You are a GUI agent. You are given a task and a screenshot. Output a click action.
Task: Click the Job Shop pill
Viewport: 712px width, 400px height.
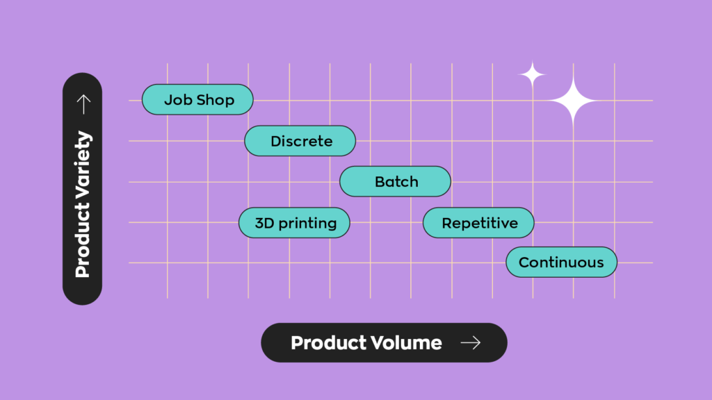[x=197, y=100]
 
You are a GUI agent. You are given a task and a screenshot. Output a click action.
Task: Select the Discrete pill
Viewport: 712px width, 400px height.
[x=300, y=141]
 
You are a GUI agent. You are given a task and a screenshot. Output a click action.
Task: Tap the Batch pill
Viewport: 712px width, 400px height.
[x=395, y=182]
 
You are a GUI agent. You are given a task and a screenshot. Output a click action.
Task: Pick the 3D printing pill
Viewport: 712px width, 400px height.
[x=294, y=223]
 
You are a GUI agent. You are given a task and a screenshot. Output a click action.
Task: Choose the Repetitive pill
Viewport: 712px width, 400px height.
[x=478, y=223]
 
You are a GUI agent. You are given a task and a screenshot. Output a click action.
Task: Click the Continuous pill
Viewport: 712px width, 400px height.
[x=561, y=262]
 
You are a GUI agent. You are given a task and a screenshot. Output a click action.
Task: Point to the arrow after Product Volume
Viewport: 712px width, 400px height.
[x=471, y=342]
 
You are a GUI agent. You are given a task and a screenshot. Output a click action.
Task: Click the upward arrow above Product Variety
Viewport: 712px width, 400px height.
[x=83, y=104]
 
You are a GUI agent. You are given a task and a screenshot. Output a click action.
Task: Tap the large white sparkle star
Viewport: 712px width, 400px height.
[x=572, y=101]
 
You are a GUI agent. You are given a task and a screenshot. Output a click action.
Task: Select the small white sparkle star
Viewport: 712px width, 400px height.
[x=532, y=74]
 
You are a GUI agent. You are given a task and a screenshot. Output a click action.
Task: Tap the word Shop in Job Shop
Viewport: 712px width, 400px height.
[x=215, y=100]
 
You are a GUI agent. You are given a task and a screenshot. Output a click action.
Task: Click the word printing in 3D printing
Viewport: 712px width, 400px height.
[x=307, y=223]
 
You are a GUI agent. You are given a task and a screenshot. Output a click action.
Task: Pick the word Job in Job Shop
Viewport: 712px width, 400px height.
[x=178, y=100]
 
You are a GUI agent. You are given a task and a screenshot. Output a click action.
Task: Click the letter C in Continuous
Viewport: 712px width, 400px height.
[x=524, y=262]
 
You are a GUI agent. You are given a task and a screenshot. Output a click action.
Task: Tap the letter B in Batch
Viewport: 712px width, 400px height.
[x=380, y=182]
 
